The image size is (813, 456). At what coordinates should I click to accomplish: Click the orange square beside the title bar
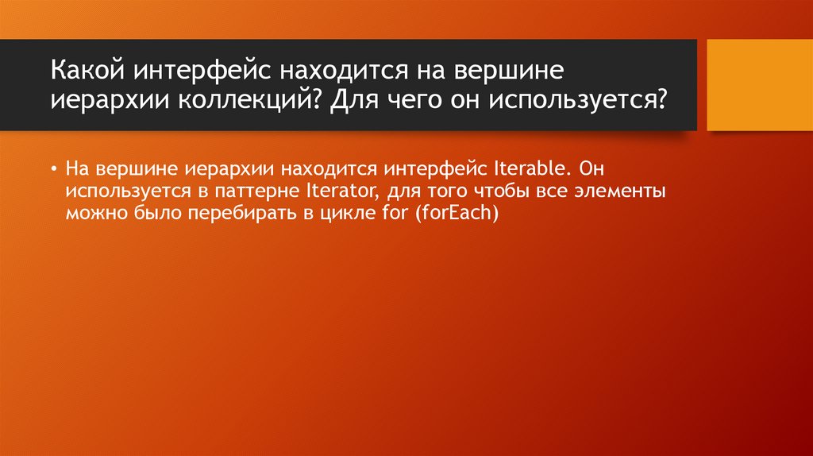click(759, 85)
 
